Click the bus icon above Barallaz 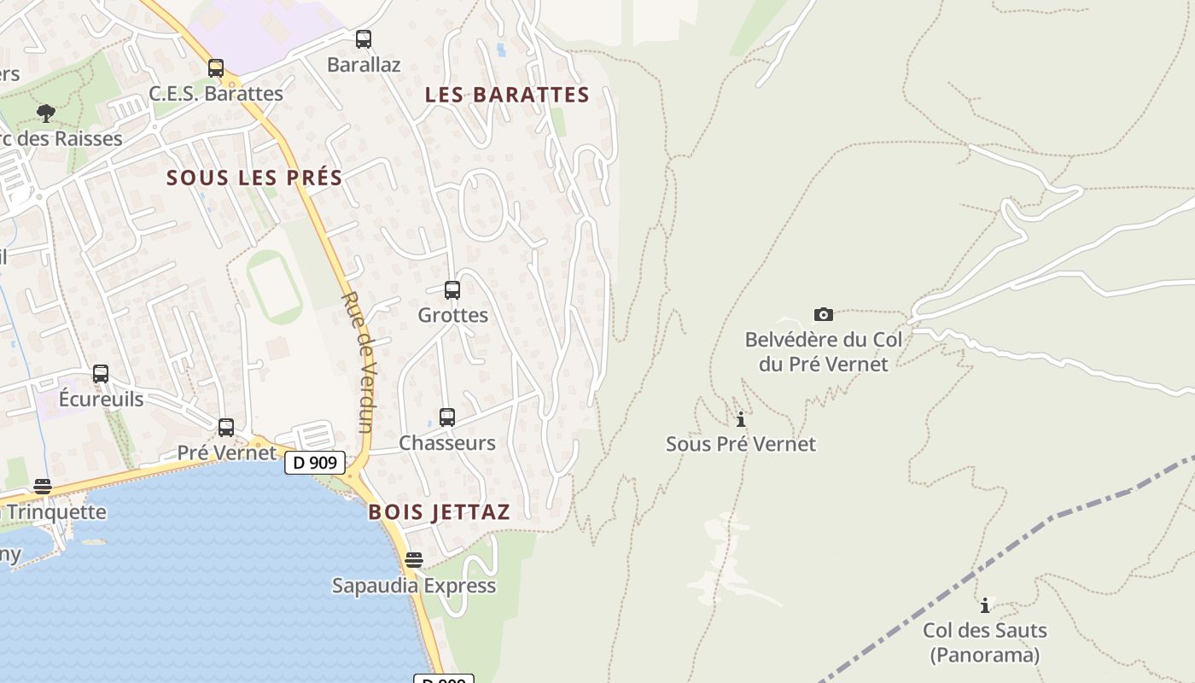[364, 39]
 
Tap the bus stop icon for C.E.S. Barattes [216, 68]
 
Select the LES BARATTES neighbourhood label [507, 95]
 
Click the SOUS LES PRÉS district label [254, 178]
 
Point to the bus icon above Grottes [452, 290]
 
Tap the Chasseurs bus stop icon [447, 417]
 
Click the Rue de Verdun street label [358, 362]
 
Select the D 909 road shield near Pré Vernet [315, 463]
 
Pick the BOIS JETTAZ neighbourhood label [439, 512]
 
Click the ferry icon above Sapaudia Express [414, 560]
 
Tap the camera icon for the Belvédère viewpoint [824, 314]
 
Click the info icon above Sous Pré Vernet [741, 419]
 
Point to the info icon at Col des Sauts [985, 605]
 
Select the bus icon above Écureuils [101, 374]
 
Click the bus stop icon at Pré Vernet [226, 427]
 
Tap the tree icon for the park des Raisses [46, 113]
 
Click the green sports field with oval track [275, 287]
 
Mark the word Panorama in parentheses [985, 655]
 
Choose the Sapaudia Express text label [414, 586]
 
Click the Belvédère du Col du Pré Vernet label [823, 352]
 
